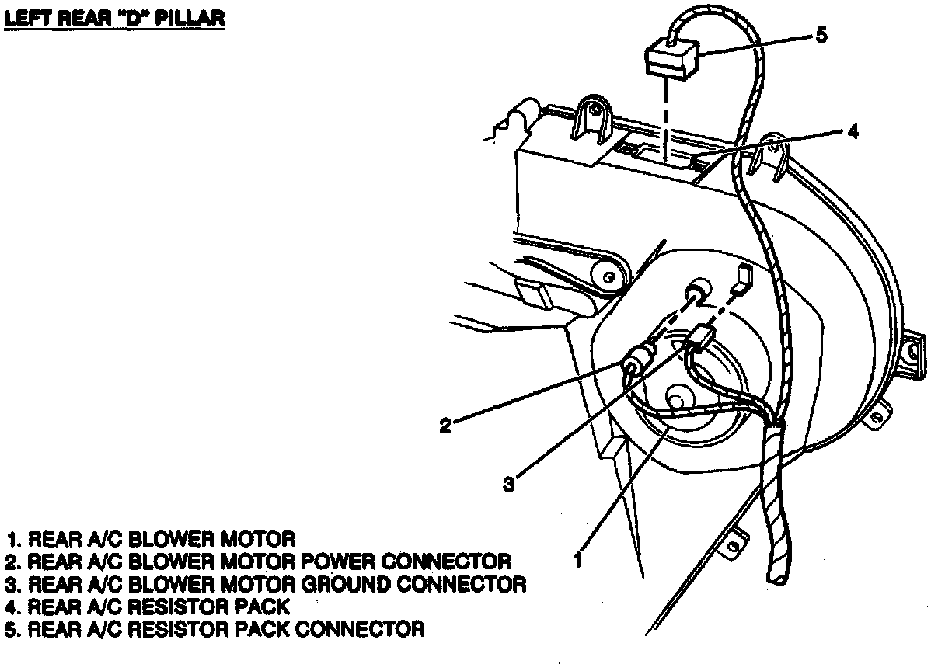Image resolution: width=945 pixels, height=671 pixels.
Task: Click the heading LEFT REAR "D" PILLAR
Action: [114, 18]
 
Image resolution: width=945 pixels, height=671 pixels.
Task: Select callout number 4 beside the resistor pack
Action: [853, 132]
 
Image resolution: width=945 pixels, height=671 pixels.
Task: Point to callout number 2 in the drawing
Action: [445, 426]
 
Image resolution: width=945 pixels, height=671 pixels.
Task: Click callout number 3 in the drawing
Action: [507, 485]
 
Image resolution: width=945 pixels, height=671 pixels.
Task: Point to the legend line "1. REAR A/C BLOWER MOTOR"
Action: [151, 538]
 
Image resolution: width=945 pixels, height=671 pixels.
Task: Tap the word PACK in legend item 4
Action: [260, 606]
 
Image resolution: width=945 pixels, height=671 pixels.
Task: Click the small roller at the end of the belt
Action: [607, 273]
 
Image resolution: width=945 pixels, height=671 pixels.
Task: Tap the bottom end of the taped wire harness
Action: [777, 575]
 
